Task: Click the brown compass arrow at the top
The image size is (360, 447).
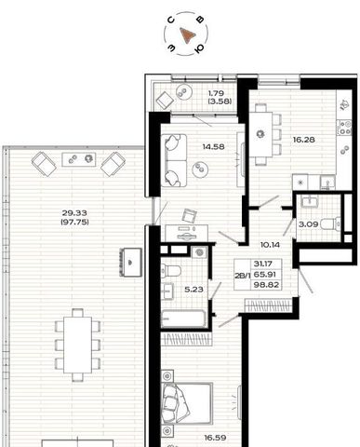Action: click(x=187, y=34)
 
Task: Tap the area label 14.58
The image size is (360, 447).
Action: click(x=213, y=146)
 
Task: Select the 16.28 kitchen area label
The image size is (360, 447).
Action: click(x=304, y=140)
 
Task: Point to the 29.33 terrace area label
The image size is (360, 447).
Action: click(x=74, y=213)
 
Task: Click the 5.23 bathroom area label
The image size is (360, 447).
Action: click(x=193, y=290)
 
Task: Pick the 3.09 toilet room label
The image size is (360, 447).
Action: click(x=308, y=224)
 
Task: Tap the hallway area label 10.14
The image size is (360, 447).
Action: click(x=270, y=245)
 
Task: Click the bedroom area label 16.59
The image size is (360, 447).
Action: click(x=215, y=438)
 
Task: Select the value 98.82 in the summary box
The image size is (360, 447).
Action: click(x=266, y=285)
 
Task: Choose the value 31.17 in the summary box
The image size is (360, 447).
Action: click(x=263, y=264)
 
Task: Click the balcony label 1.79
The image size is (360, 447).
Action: click(x=216, y=93)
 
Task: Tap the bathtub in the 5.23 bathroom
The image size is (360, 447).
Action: click(x=183, y=318)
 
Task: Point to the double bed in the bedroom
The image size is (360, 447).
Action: click(x=187, y=403)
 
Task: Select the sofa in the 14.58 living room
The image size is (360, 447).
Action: click(x=174, y=160)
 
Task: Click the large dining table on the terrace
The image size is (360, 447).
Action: click(x=77, y=345)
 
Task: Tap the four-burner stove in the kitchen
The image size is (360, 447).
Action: click(x=344, y=128)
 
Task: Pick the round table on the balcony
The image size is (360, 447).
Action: click(x=184, y=92)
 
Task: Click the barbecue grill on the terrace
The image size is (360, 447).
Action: click(x=131, y=263)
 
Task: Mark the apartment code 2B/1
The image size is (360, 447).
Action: click(x=242, y=276)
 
